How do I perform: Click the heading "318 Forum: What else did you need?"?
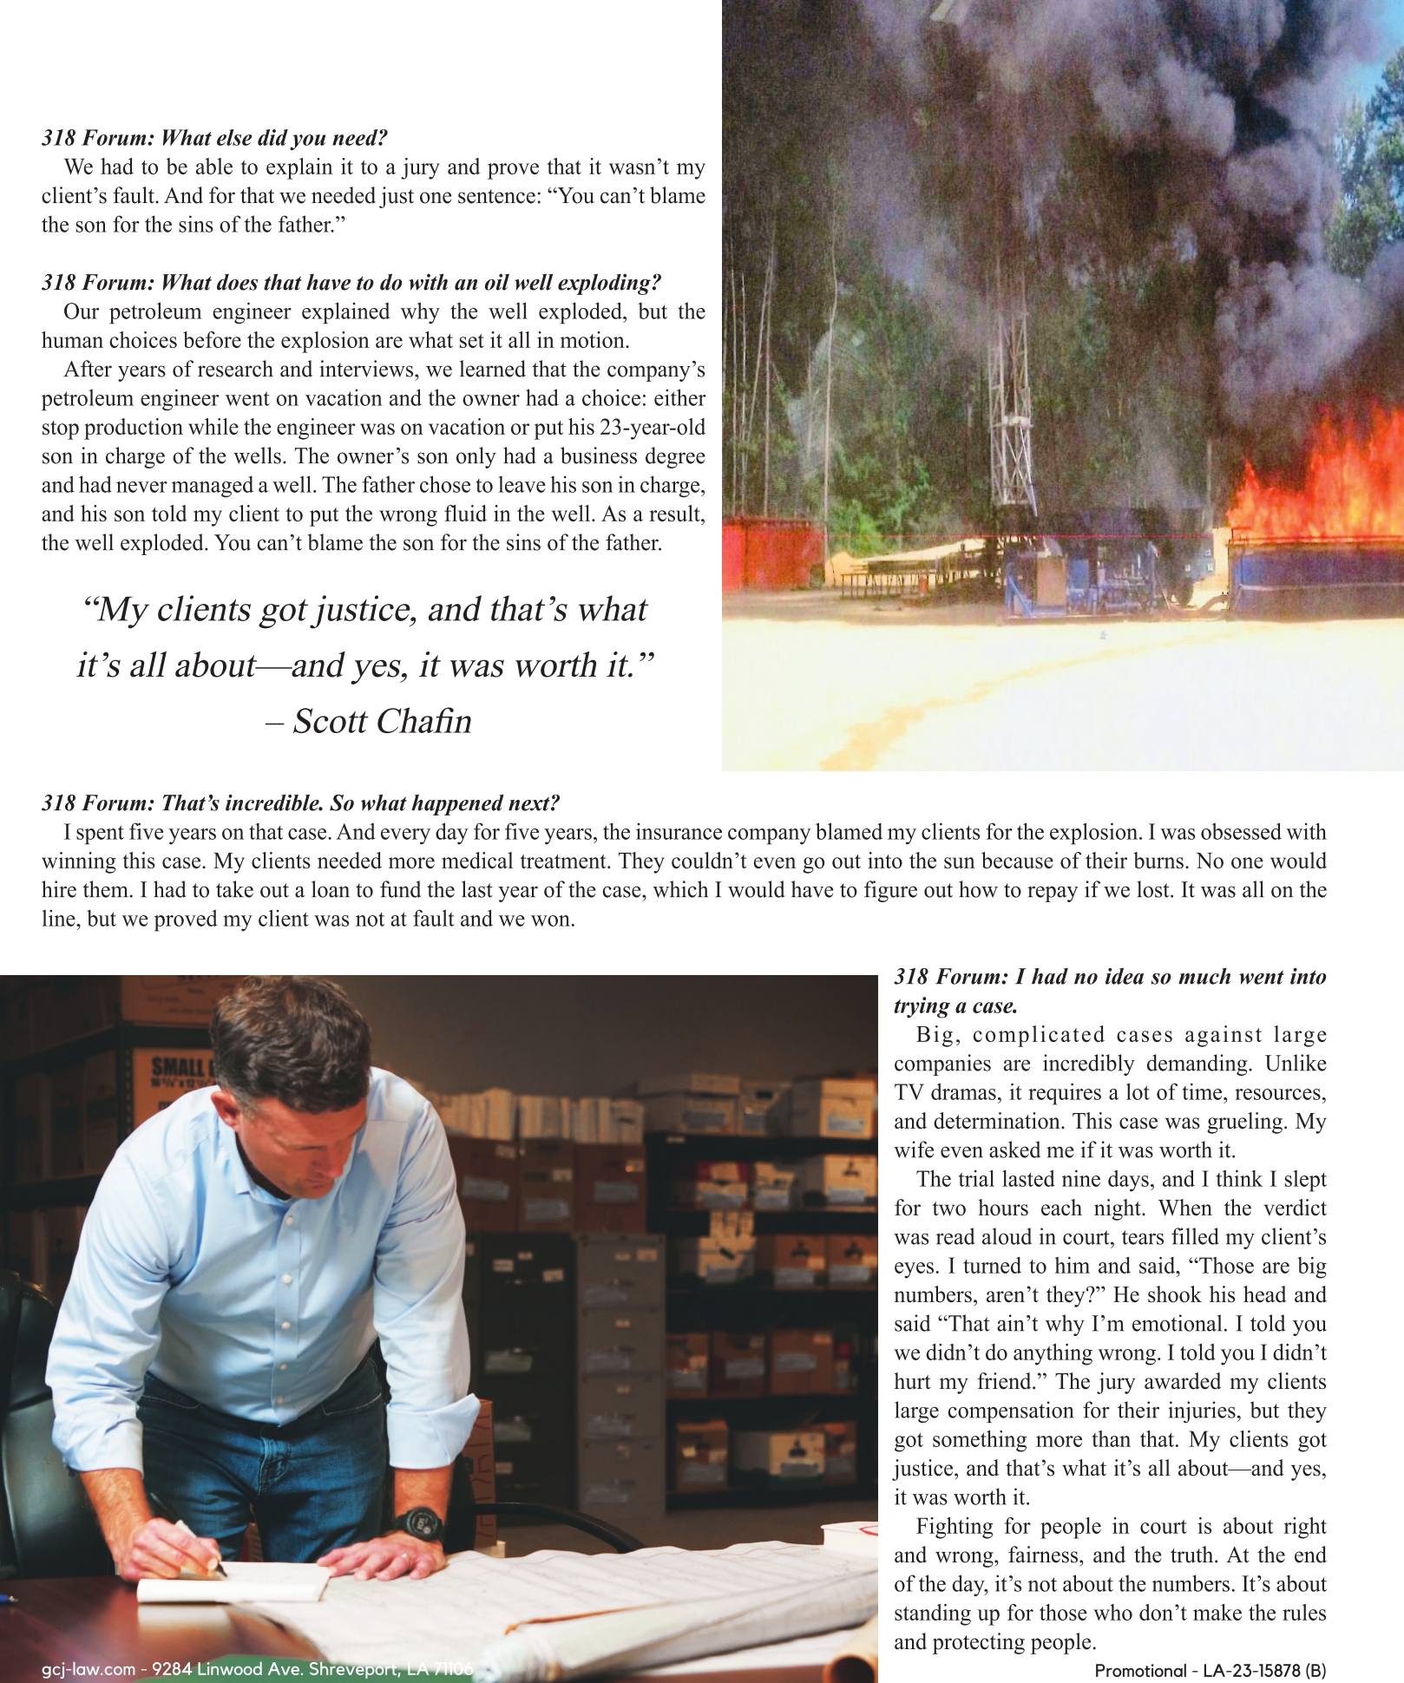pyautogui.click(x=214, y=138)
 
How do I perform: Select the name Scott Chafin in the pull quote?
pyautogui.click(x=382, y=722)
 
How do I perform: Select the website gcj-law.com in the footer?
pyautogui.click(x=89, y=1669)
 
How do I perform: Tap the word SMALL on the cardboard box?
pyautogui.click(x=178, y=1067)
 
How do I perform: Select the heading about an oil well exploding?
pyautogui.click(x=351, y=283)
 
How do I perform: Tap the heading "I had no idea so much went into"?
pyautogui.click(x=1110, y=978)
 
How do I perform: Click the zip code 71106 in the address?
pyautogui.click(x=452, y=1669)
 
